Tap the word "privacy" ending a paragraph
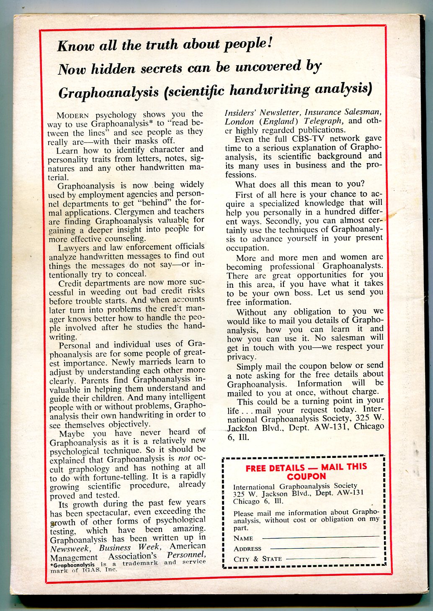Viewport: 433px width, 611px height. tap(241, 357)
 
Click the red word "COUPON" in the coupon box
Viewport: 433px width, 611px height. tap(306, 476)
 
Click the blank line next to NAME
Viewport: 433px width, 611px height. tap(321, 537)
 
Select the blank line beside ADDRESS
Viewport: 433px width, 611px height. tap(325, 547)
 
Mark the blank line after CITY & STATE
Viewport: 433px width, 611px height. tap(333, 558)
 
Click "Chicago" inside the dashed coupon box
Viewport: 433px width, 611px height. tap(247, 501)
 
